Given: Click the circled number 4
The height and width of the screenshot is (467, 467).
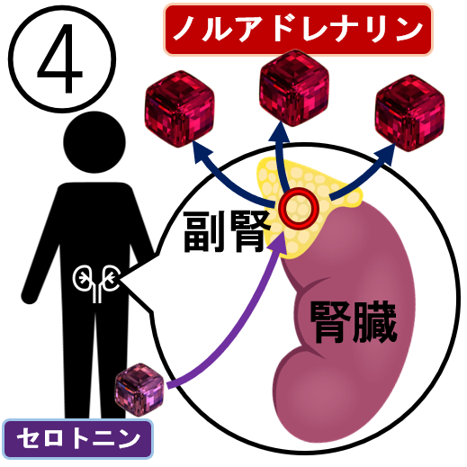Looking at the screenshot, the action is tap(62, 59).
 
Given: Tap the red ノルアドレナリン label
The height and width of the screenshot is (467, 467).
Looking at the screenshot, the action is tap(298, 30).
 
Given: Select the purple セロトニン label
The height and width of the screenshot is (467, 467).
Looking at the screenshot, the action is tap(78, 439).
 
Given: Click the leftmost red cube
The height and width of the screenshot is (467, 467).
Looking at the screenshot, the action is tap(179, 109).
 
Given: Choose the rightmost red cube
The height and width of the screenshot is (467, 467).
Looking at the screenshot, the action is tap(409, 112).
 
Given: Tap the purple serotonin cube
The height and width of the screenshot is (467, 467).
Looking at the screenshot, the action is tap(139, 390).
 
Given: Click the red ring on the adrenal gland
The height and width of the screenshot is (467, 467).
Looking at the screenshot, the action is tap(298, 208).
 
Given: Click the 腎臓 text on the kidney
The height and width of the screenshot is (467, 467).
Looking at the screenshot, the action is tap(354, 322).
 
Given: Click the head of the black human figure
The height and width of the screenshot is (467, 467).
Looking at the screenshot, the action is tap(94, 142).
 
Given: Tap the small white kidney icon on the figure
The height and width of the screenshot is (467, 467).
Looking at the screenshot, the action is tap(96, 282).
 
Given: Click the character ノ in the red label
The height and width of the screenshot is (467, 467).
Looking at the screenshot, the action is tap(184, 29).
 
